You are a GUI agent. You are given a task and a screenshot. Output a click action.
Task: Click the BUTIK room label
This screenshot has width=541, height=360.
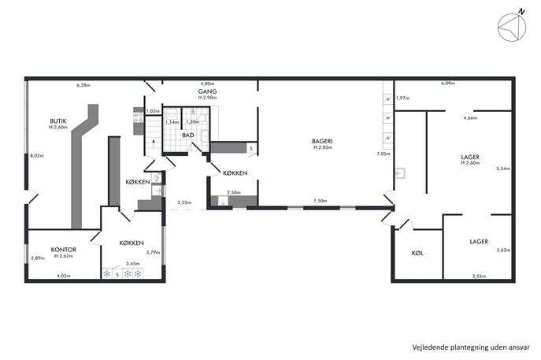[58, 121]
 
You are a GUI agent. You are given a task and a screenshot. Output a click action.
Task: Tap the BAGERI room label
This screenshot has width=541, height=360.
[322, 141]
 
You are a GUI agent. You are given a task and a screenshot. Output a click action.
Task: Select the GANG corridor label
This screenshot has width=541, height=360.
[207, 91]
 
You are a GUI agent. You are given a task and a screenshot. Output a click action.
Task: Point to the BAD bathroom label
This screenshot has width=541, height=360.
[188, 135]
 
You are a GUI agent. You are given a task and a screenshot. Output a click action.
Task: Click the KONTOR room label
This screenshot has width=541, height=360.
[64, 250]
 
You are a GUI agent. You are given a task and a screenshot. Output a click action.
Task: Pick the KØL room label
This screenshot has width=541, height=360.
[417, 253]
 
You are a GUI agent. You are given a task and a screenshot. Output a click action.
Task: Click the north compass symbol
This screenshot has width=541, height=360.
[513, 27]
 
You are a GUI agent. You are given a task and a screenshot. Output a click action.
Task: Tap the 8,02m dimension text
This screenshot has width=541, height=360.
[37, 156]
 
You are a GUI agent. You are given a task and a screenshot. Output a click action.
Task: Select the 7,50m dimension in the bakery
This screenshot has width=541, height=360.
[321, 201]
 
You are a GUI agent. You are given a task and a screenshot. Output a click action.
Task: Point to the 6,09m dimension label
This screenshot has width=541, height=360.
[448, 84]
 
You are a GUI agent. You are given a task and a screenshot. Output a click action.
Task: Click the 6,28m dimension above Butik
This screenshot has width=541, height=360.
[83, 85]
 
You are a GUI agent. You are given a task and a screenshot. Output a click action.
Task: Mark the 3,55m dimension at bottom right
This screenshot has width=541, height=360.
[479, 276]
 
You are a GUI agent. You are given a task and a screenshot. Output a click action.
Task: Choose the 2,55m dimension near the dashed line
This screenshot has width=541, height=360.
[184, 202]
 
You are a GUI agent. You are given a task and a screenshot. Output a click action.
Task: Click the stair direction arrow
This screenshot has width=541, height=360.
[154, 141]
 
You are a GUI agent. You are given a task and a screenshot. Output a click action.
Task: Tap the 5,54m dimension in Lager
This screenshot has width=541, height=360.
[503, 169]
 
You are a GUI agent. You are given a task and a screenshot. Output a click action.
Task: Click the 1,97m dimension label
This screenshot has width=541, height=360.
[402, 98]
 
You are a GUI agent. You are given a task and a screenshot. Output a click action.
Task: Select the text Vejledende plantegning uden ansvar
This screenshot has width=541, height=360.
[471, 347]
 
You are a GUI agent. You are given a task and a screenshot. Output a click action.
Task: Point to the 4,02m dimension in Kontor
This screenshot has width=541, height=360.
[64, 276]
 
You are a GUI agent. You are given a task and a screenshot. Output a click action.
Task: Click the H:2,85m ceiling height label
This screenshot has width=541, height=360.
[323, 147]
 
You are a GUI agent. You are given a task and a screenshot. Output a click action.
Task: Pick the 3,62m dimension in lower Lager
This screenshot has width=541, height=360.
[503, 251]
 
